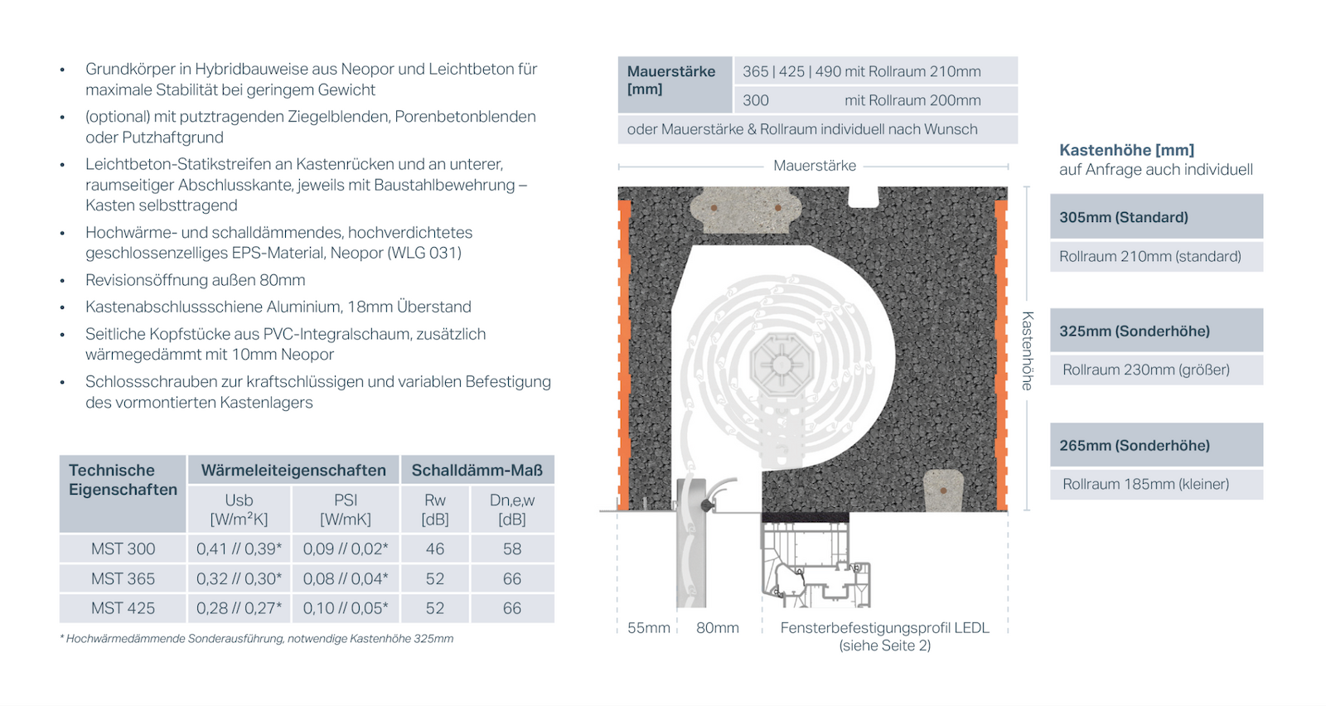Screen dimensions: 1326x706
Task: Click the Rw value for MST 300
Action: click(x=435, y=549)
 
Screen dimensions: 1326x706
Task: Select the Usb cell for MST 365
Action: click(x=240, y=578)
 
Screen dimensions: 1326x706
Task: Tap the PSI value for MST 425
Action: click(x=346, y=607)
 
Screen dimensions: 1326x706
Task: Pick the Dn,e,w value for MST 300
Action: click(x=512, y=549)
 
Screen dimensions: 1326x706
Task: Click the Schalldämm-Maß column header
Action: click(x=477, y=470)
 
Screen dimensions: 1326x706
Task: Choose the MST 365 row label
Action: click(x=123, y=578)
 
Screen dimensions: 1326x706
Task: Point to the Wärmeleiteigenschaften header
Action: click(x=293, y=470)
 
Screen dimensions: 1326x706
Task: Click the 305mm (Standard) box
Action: click(x=1156, y=216)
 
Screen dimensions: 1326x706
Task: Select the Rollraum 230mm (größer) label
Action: click(x=1146, y=370)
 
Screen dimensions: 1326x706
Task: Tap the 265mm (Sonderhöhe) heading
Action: click(x=1135, y=445)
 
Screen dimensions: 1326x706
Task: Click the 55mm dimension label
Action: click(x=649, y=627)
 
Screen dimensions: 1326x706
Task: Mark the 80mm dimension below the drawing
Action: click(x=718, y=627)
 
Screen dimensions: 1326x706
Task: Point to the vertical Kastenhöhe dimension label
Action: click(x=1028, y=351)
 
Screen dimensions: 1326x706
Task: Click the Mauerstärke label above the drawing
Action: click(x=815, y=166)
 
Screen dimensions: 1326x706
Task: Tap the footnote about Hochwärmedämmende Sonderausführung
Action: click(x=256, y=639)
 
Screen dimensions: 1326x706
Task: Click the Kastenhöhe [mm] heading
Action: click(x=1126, y=150)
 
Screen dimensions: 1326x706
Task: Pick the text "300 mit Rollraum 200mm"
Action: click(x=861, y=100)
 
